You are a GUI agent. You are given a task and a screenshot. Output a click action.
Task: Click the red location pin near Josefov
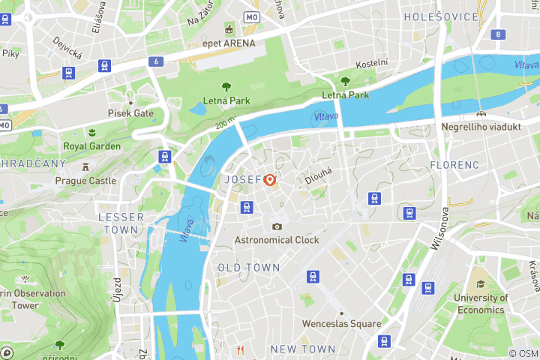click(269, 180)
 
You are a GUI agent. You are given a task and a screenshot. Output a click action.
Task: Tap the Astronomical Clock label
click(277, 240)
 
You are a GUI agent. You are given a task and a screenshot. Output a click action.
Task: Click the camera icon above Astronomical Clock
click(277, 226)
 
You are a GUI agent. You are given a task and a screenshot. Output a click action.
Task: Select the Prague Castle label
click(85, 181)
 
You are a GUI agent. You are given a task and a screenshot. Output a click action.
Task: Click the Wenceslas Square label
click(341, 324)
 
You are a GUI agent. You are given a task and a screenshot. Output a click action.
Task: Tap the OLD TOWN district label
click(249, 268)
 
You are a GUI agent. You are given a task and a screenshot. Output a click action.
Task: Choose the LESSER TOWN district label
click(121, 223)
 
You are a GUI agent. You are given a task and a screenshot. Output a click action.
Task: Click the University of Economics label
click(480, 304)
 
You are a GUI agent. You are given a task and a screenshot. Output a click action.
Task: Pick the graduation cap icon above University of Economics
click(480, 284)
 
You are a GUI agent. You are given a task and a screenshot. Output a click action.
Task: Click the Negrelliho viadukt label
click(481, 127)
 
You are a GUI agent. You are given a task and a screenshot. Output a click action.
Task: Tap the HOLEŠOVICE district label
click(441, 16)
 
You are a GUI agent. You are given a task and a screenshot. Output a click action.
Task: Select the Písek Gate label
click(130, 113)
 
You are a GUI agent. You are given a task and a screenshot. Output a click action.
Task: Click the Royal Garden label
click(91, 146)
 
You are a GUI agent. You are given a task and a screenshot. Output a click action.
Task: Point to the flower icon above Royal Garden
click(91, 132)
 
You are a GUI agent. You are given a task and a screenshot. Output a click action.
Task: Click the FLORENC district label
click(454, 164)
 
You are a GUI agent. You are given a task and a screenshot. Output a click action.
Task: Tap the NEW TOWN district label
click(302, 349)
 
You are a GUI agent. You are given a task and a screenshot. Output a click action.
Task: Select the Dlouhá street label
click(318, 175)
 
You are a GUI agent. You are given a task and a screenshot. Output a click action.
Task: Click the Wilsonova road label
click(439, 229)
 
